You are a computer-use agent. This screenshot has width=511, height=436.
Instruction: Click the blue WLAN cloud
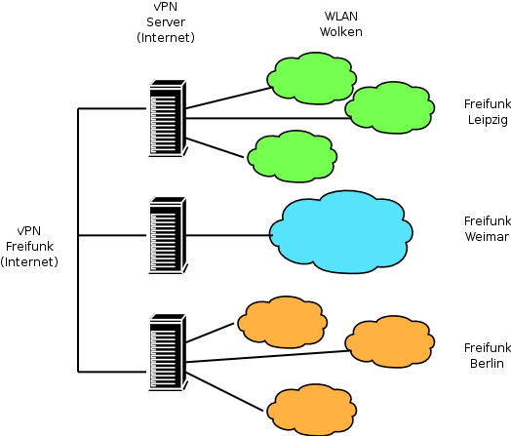(x=341, y=232)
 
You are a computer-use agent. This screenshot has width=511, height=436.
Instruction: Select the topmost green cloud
(x=312, y=78)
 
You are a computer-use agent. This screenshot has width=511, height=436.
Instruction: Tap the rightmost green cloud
(x=390, y=107)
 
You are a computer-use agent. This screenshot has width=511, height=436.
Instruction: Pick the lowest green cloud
(x=293, y=156)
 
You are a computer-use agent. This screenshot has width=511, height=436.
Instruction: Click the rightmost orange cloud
(x=390, y=341)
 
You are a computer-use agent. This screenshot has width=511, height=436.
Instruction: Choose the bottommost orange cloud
(x=312, y=410)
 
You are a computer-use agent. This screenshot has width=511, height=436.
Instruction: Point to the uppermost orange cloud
(x=283, y=322)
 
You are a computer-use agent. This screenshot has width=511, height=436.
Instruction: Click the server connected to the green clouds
(x=168, y=118)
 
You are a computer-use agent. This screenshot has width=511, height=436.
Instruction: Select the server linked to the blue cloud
(x=168, y=235)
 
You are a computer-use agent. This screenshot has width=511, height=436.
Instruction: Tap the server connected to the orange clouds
(x=168, y=352)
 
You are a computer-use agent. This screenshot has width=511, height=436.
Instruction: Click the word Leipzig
(x=488, y=120)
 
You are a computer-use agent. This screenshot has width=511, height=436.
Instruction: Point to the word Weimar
(x=487, y=237)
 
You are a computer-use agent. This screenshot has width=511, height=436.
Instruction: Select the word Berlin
(x=487, y=363)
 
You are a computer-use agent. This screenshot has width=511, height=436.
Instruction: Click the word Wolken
(x=341, y=32)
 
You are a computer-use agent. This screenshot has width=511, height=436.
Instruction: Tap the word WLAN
(x=341, y=17)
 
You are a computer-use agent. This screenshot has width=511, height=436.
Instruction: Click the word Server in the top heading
(x=166, y=22)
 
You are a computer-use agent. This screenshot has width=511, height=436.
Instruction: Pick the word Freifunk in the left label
(x=29, y=247)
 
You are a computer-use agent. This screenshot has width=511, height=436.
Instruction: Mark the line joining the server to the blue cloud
(x=229, y=235)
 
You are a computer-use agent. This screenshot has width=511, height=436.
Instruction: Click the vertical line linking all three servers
(x=78, y=240)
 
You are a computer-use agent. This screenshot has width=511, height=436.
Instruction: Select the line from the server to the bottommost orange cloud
(x=224, y=391)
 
